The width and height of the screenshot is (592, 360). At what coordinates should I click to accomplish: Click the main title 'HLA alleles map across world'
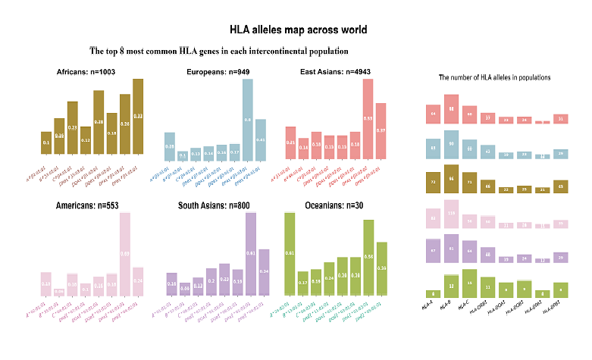tap(299, 30)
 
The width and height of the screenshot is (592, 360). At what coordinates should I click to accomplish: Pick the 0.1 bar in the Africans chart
tap(46, 142)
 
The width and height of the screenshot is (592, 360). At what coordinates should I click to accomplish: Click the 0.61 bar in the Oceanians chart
tap(289, 253)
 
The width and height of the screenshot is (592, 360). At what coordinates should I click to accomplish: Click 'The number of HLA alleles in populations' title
tap(495, 78)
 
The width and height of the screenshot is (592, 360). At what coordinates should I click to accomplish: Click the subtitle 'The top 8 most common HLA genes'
tap(219, 51)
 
